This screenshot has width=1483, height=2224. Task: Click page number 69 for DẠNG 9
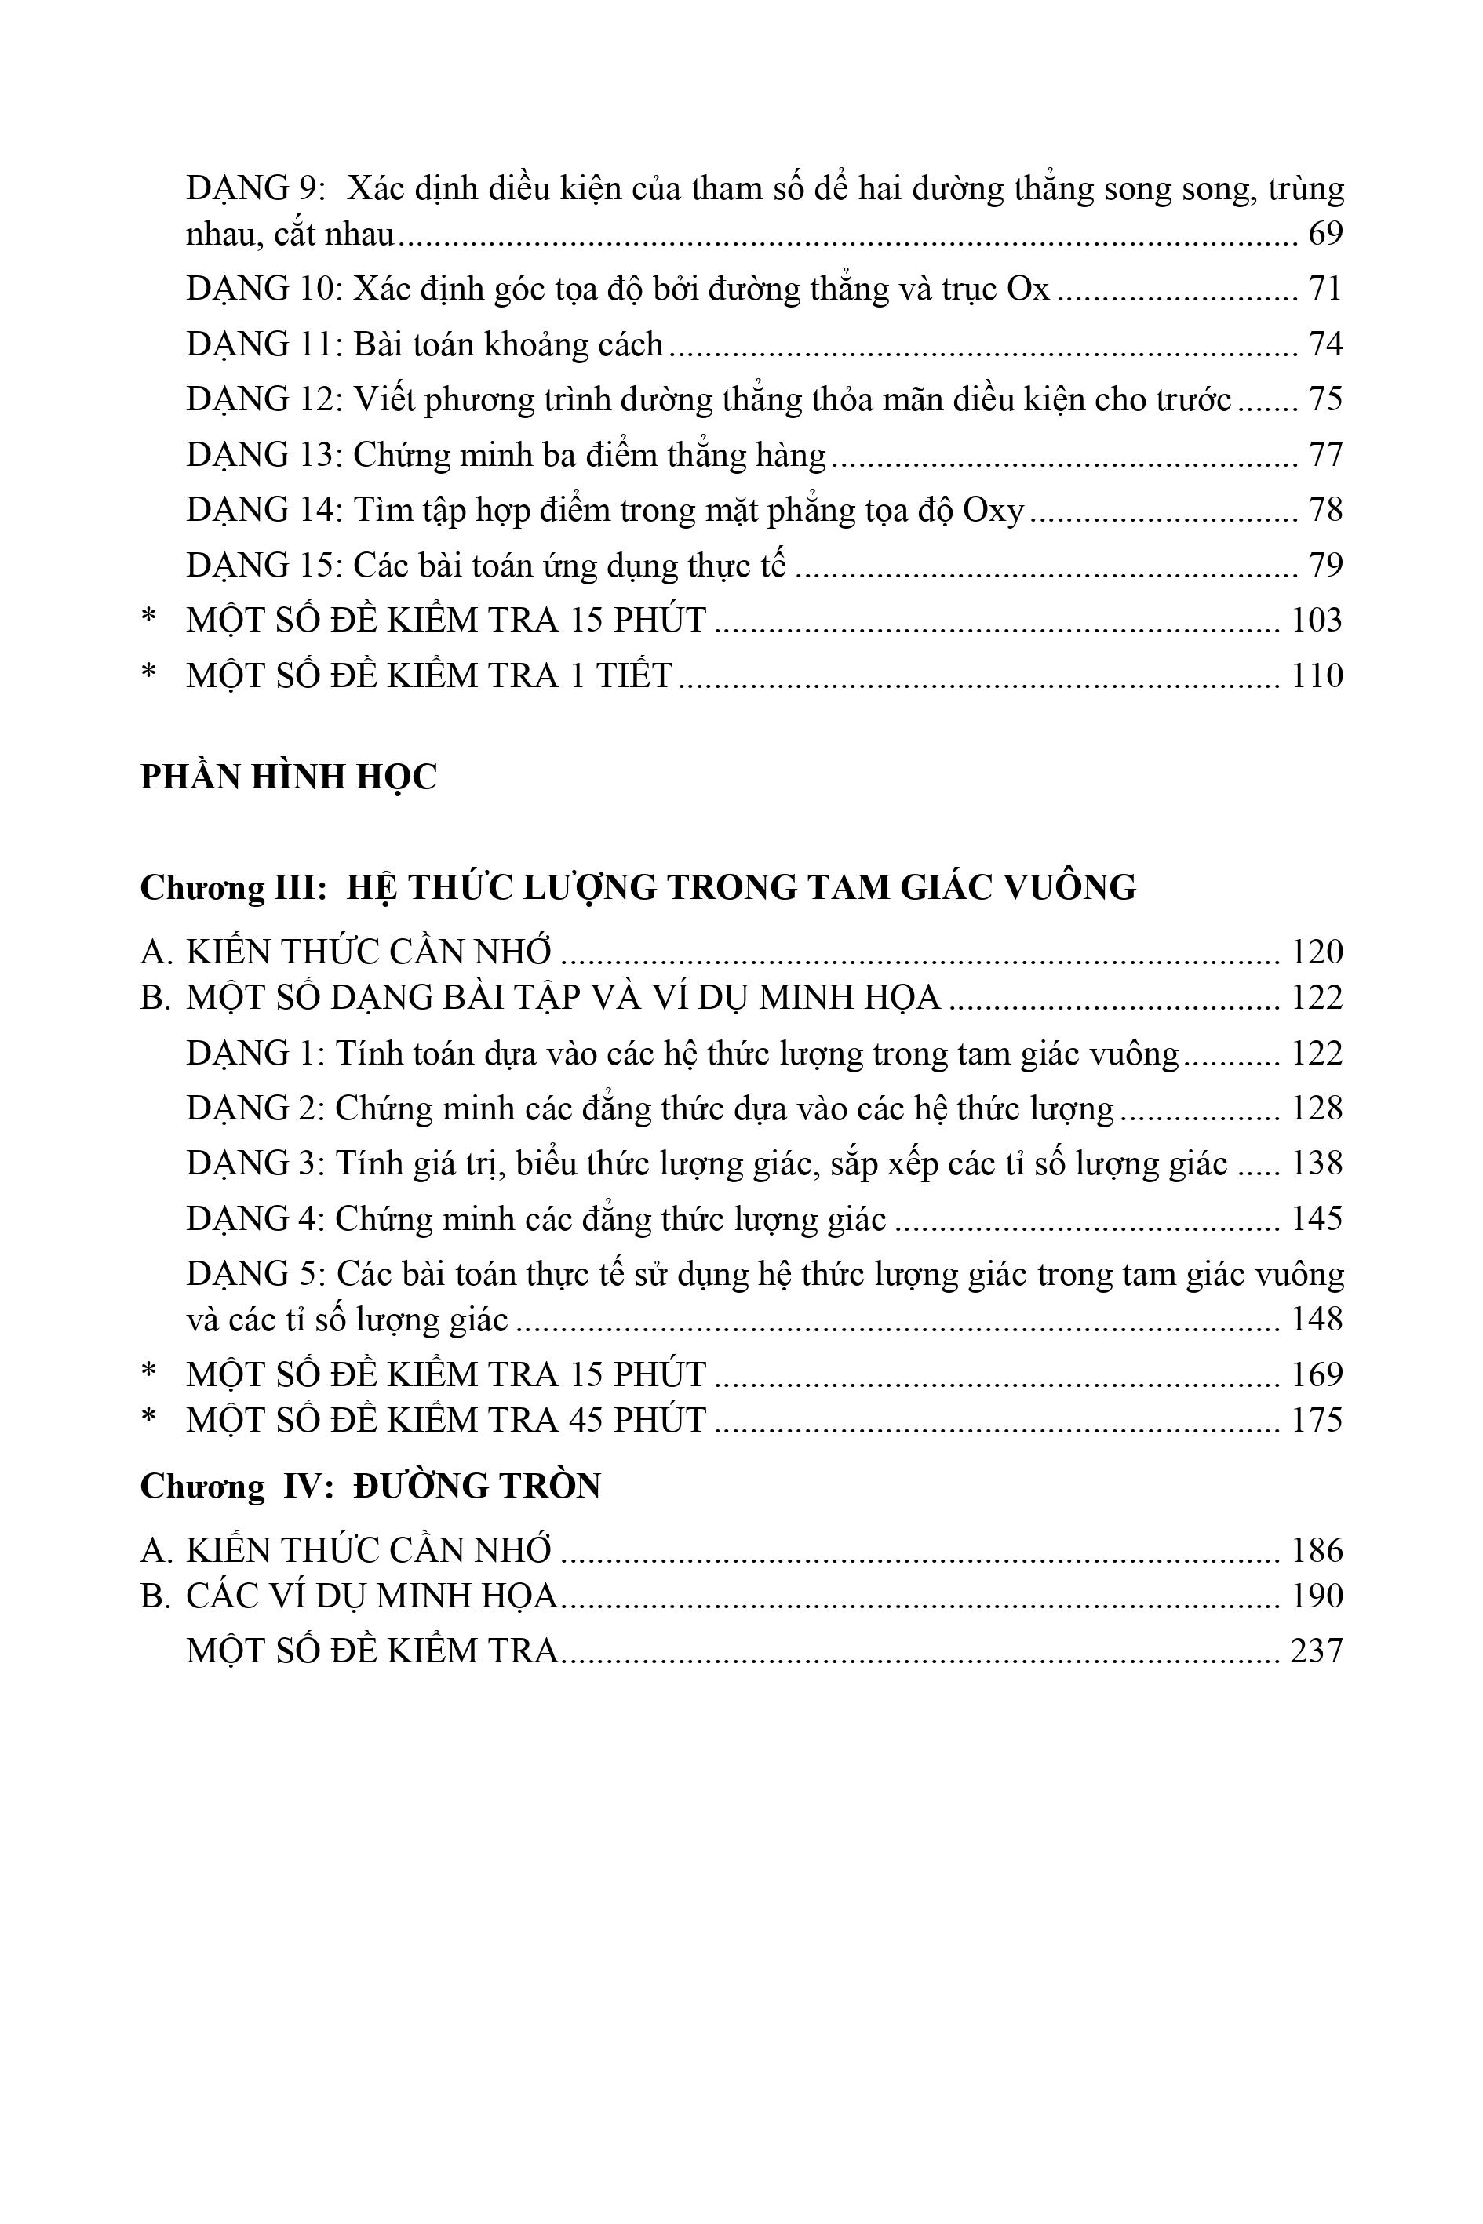point(1325,234)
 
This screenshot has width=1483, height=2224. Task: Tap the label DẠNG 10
point(262,289)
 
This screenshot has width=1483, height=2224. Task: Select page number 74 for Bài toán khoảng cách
point(1325,344)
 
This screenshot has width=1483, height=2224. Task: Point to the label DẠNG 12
point(262,399)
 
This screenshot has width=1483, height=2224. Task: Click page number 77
point(1325,455)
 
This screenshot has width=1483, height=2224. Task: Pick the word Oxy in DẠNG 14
point(993,511)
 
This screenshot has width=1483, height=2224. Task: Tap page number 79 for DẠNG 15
point(1325,566)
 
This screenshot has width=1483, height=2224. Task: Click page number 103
point(1317,621)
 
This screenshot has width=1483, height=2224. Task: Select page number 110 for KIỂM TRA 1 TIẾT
point(1317,676)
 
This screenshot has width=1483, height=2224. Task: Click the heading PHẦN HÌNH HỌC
point(289,777)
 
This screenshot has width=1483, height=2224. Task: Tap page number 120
point(1317,952)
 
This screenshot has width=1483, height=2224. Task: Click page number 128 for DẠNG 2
point(1317,1108)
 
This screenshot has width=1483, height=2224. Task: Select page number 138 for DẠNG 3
point(1317,1163)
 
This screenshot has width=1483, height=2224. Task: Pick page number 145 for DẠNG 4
point(1317,1219)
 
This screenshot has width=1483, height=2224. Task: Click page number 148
point(1317,1319)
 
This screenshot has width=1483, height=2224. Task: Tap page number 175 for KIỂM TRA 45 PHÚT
point(1317,1420)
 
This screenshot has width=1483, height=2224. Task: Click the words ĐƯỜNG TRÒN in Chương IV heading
point(478,1487)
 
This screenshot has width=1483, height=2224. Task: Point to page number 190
point(1317,1596)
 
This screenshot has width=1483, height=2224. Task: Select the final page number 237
point(1317,1651)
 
